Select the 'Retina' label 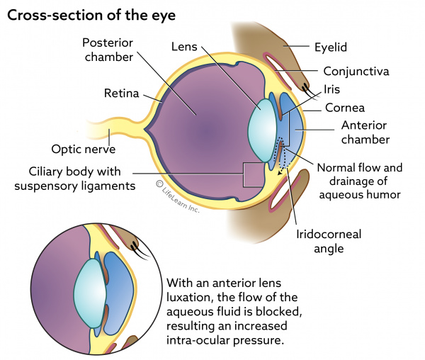coord(120,93)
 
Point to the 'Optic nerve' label coord(83,149)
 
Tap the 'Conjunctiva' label coord(357,71)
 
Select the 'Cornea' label coord(345,108)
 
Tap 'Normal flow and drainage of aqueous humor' coord(359,181)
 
